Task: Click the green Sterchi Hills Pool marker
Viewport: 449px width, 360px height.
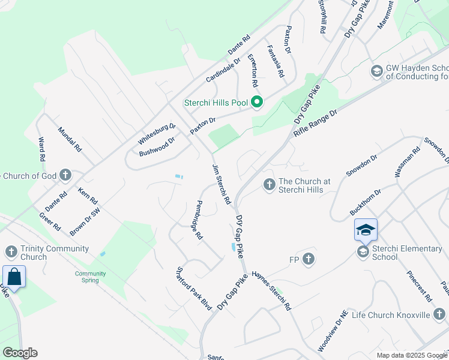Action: [257, 103]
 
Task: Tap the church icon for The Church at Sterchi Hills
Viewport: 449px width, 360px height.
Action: [269, 183]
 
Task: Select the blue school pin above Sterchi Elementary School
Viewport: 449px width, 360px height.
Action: [366, 229]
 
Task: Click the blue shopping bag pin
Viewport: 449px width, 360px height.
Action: [14, 277]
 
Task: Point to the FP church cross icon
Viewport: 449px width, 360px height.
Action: [309, 259]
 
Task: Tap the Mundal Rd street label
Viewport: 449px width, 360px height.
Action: [69, 139]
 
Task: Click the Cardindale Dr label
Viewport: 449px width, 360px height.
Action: [223, 70]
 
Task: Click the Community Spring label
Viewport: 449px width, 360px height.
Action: [90, 277]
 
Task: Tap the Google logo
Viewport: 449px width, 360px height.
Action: [20, 353]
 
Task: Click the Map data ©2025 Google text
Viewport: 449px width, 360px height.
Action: [411, 355]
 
